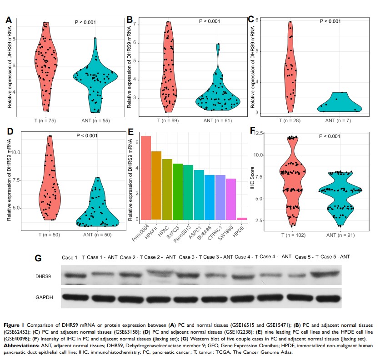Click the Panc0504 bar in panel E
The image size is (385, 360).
(x=146, y=178)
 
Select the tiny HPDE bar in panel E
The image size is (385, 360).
(x=241, y=219)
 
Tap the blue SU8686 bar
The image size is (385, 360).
(x=210, y=197)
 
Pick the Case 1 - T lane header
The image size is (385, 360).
(x=73, y=257)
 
